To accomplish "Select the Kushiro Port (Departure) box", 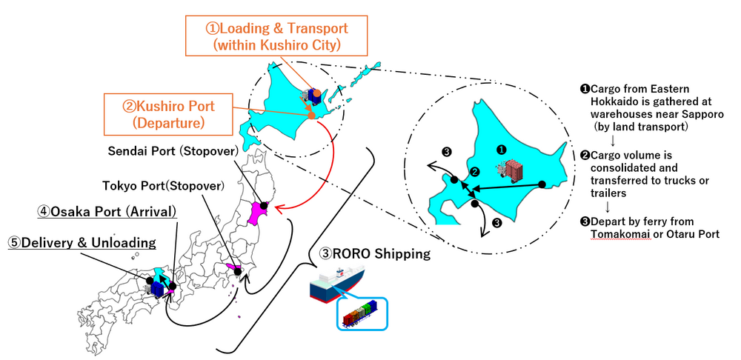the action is click(x=169, y=114).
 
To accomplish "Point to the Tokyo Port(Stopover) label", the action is click(x=164, y=186).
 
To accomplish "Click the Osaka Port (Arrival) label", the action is click(x=107, y=212).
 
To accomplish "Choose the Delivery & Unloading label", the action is click(x=82, y=243).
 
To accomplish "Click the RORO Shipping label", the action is click(x=375, y=254).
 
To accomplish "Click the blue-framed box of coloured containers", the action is click(x=362, y=313).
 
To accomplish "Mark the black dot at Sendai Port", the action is click(x=264, y=205).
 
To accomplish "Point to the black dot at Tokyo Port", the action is click(x=238, y=272).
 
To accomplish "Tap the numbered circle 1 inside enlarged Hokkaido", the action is click(x=502, y=150).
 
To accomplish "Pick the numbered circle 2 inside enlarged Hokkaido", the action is click(x=474, y=171).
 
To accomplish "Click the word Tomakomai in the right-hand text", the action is click(x=614, y=234).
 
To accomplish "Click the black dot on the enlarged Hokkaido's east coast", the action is click(x=542, y=184).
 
